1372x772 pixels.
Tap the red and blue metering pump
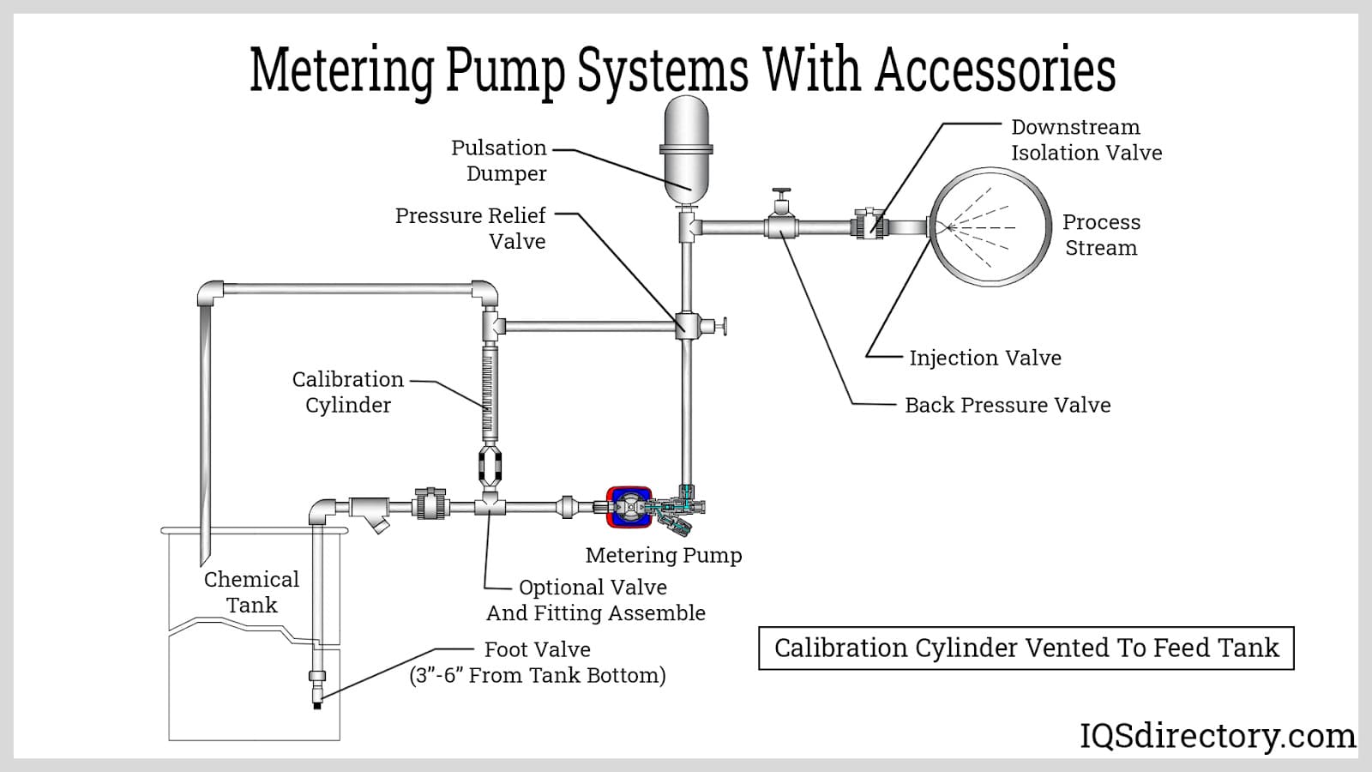click(629, 507)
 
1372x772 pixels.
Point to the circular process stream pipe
click(991, 227)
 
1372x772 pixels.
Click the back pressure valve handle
click(781, 196)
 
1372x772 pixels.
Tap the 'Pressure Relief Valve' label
click(471, 228)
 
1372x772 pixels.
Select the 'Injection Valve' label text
click(984, 358)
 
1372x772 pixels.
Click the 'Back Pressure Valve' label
click(1007, 405)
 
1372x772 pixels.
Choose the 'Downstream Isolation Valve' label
click(1086, 140)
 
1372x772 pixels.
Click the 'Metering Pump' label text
click(663, 555)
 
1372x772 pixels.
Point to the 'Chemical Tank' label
click(251, 592)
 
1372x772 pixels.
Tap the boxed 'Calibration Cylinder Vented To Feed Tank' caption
click(1026, 648)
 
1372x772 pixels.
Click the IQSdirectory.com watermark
click(1217, 736)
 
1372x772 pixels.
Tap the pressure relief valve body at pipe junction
click(688, 326)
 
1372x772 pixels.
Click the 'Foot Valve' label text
click(537, 649)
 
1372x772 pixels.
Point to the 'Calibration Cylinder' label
click(347, 392)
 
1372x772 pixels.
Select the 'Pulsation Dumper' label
click(499, 160)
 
